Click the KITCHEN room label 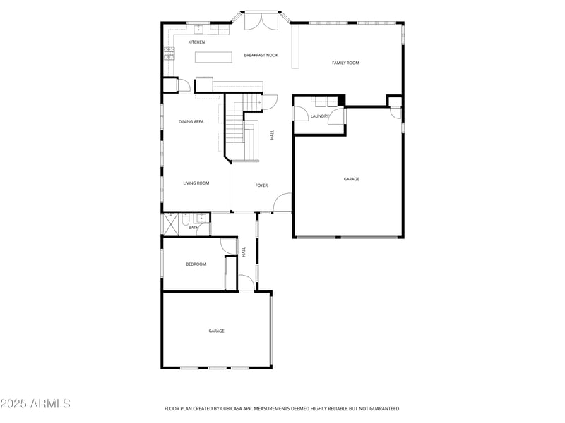coord(196,42)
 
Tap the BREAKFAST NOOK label coord(261,55)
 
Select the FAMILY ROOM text coord(345,63)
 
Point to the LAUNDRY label coord(319,116)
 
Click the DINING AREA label coord(191,122)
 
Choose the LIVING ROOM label coord(196,183)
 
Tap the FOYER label coord(261,185)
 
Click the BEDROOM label coord(196,264)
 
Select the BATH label coord(194,228)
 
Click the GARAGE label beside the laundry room coord(351,179)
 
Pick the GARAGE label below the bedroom coord(216,331)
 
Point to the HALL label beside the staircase coord(273,134)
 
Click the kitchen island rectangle coord(213,57)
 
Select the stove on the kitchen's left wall coord(169,54)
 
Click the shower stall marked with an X coord(170,225)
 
